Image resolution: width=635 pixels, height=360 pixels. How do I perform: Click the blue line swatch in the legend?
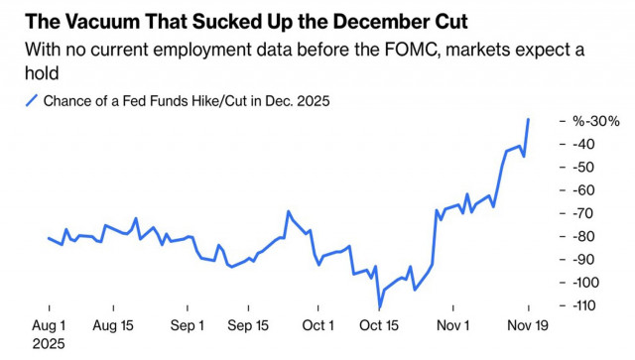pos(32,99)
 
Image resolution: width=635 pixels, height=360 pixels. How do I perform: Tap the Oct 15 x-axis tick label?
pos(379,325)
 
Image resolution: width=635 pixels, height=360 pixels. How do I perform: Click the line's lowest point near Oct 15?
pos(379,308)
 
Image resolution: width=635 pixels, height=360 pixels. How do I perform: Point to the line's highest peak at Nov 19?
pos(528,119)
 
